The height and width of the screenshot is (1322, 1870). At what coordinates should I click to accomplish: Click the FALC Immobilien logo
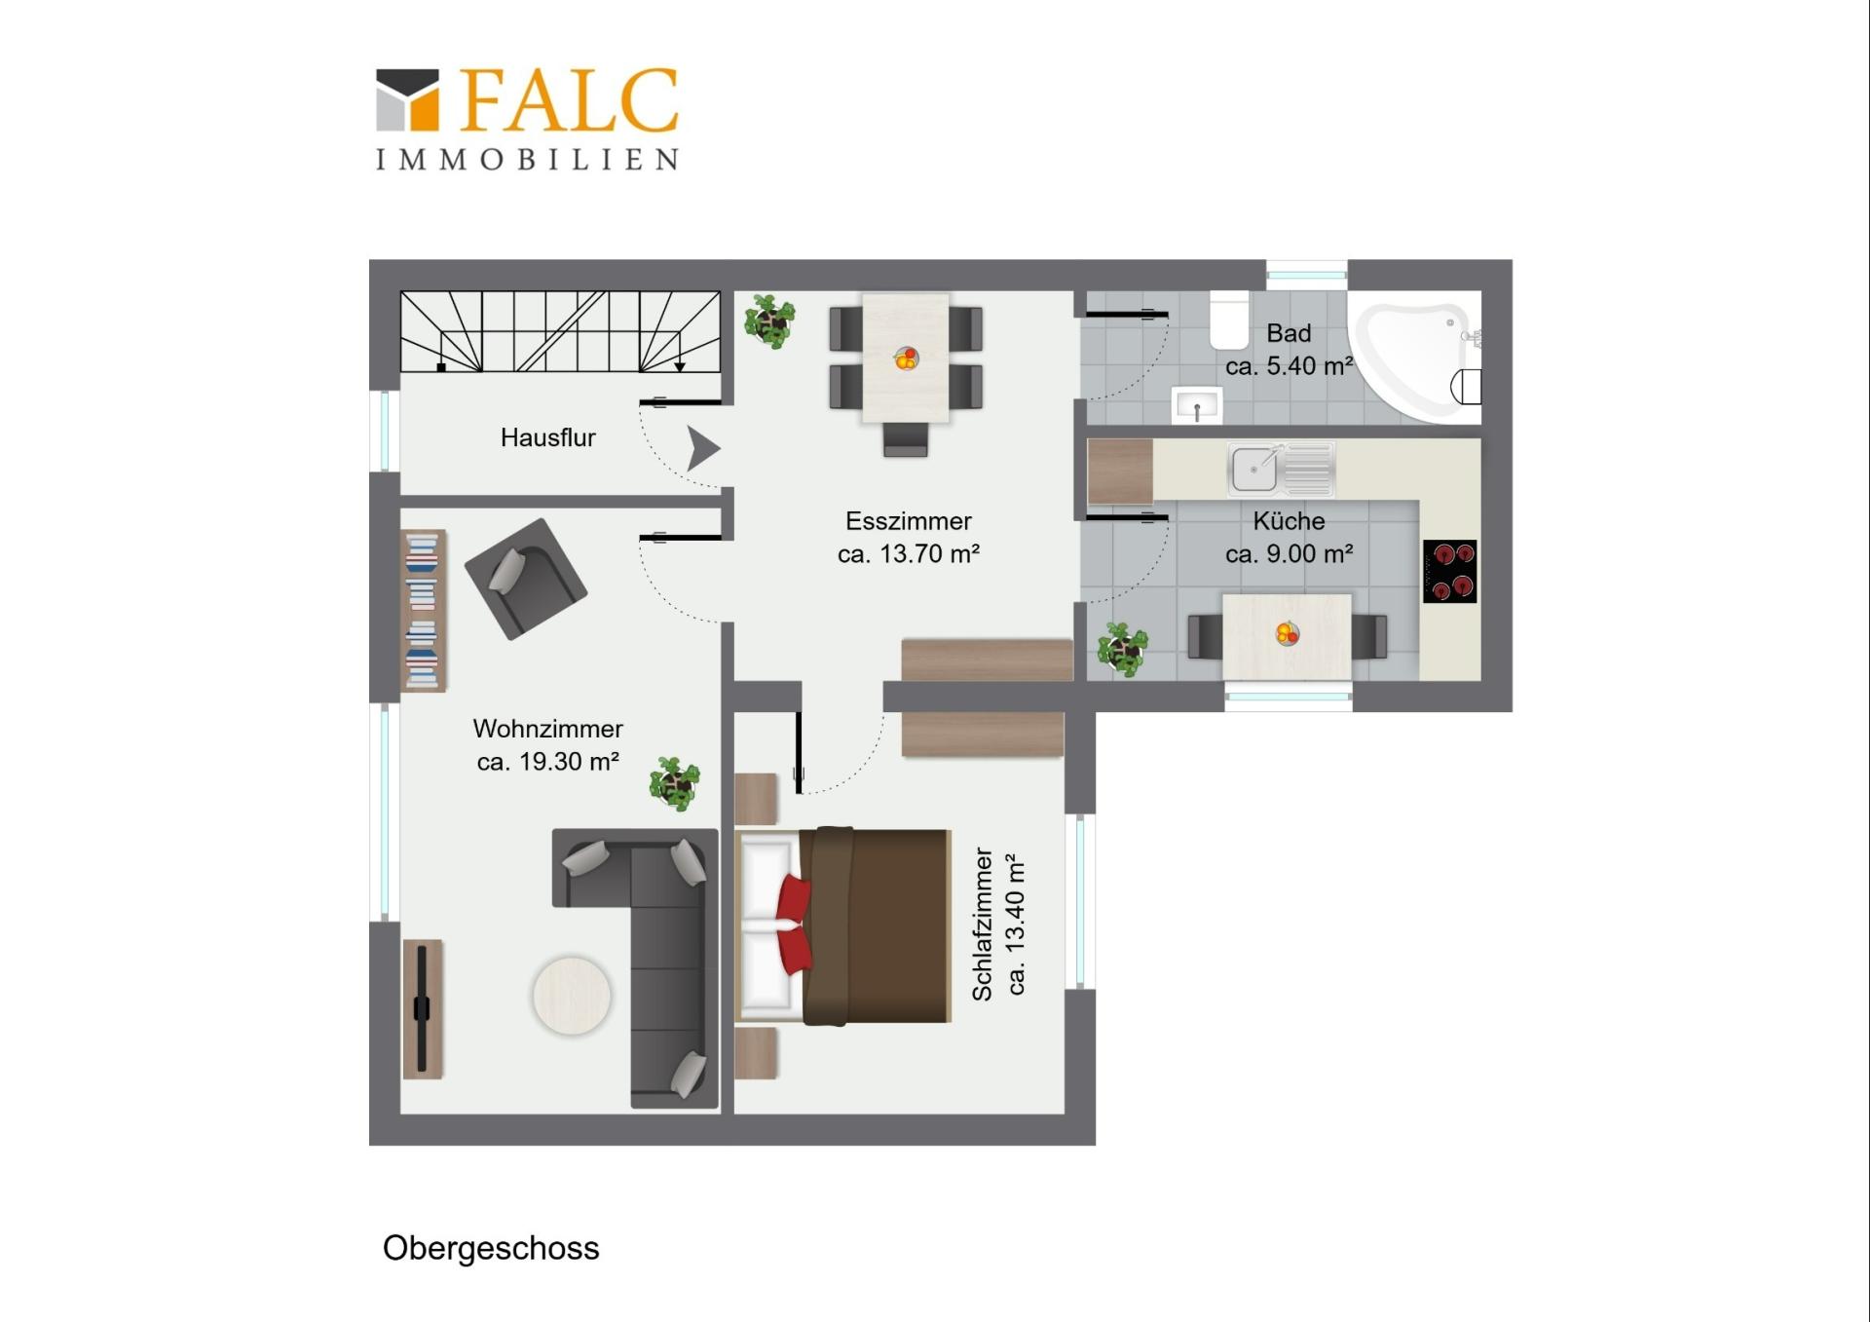click(527, 119)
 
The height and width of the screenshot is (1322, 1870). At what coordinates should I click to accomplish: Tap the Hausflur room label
click(547, 437)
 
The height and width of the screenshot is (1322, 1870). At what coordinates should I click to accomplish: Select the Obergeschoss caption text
click(491, 1248)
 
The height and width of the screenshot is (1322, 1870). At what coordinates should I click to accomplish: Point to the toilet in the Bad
click(1229, 321)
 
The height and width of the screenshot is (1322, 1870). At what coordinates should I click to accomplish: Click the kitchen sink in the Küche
click(1281, 469)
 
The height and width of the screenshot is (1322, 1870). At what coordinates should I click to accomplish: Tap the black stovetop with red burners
click(1449, 571)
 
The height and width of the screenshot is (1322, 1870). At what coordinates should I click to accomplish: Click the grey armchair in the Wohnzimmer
click(525, 578)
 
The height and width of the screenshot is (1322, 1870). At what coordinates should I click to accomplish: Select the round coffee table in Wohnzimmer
click(572, 996)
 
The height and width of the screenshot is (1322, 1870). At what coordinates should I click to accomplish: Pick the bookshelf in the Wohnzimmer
click(424, 611)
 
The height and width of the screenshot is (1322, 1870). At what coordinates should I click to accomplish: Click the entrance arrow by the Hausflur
click(703, 448)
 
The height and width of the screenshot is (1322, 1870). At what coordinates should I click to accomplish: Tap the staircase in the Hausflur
click(560, 331)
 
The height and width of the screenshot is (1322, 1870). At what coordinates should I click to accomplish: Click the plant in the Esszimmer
click(769, 321)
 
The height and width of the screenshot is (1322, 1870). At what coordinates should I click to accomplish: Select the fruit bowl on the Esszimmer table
click(906, 359)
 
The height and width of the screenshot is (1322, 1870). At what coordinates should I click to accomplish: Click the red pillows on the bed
click(794, 923)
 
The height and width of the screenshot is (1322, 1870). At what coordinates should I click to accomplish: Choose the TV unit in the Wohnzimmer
click(423, 1009)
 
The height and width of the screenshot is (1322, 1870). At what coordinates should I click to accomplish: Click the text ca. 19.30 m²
click(548, 762)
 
